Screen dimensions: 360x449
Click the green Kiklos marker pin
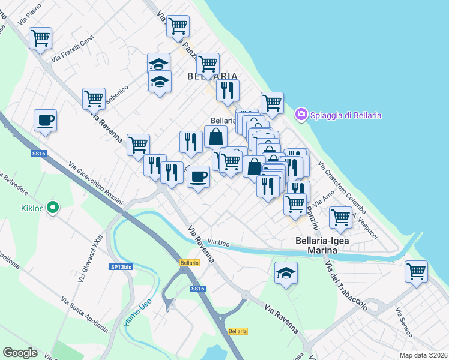point(53,208)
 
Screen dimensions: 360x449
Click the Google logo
point(20,353)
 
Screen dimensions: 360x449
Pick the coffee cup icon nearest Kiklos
point(46,121)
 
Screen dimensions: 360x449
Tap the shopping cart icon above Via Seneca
point(415,271)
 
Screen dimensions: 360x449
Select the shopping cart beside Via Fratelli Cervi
point(41,38)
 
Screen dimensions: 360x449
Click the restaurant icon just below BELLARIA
point(228,89)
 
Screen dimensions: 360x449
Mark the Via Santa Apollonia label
point(85,314)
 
